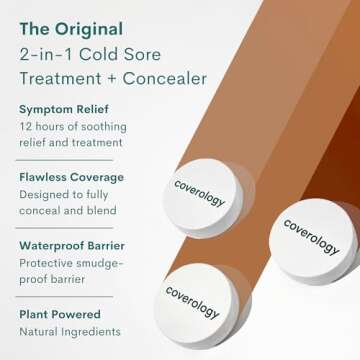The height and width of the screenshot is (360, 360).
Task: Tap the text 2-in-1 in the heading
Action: (x=38, y=52)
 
